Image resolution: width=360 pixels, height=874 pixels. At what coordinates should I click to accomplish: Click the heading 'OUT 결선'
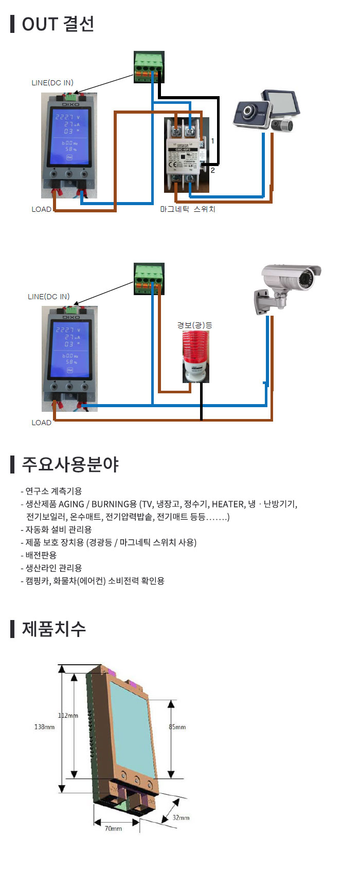tap(58, 24)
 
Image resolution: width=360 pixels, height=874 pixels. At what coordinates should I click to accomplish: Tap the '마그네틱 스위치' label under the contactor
tap(187, 209)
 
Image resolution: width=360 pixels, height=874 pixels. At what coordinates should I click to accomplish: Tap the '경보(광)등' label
tap(194, 325)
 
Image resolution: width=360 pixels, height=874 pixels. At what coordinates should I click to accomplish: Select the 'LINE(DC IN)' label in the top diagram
tap(52, 83)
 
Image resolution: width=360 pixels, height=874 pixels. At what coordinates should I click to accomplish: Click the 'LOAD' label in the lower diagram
tap(41, 423)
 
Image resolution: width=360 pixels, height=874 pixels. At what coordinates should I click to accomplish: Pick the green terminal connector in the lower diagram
tap(149, 278)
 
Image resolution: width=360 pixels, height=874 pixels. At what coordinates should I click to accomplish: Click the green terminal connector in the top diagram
tap(149, 67)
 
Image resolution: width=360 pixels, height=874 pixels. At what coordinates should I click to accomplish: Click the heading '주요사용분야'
tap(70, 464)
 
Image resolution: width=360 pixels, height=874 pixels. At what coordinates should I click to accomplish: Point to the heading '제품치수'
tap(53, 629)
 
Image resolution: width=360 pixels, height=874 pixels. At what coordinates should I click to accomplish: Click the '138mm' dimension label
tap(44, 727)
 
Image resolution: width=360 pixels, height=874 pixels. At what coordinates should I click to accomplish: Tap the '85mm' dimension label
tap(177, 727)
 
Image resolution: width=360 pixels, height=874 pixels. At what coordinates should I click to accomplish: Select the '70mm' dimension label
tap(113, 828)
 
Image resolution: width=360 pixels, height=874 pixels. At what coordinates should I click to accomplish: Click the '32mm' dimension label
tap(181, 817)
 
